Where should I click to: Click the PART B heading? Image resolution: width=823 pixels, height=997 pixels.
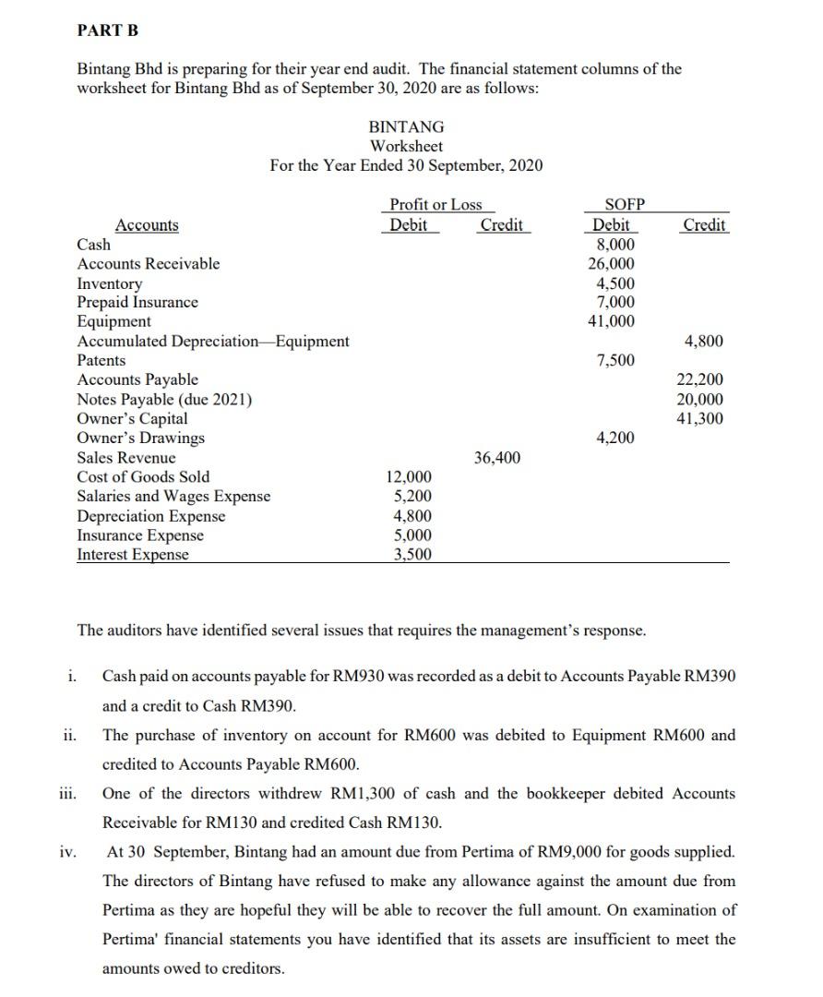tap(108, 30)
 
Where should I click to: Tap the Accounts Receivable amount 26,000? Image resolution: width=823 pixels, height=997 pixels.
tap(612, 264)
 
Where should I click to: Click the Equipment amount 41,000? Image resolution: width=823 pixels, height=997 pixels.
tap(612, 321)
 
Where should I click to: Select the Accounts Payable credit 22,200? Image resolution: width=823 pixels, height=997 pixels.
tap(700, 379)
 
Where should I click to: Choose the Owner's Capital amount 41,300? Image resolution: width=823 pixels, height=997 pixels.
tap(700, 418)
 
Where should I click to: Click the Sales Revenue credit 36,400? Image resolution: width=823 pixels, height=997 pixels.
tap(497, 457)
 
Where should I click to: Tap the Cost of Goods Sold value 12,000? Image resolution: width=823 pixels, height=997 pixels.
tap(408, 476)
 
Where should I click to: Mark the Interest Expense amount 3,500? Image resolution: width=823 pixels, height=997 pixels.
tap(411, 555)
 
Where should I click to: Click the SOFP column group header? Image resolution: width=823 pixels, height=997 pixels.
tap(624, 205)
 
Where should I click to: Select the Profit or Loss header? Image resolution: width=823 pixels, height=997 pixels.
tap(435, 205)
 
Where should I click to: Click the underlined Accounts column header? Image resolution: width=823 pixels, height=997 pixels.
tap(148, 225)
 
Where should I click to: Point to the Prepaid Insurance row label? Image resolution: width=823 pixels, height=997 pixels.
tap(137, 302)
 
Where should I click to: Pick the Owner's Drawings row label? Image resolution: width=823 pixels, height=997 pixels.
tap(140, 438)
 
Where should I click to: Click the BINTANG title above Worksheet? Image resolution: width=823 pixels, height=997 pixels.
tap(406, 126)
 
